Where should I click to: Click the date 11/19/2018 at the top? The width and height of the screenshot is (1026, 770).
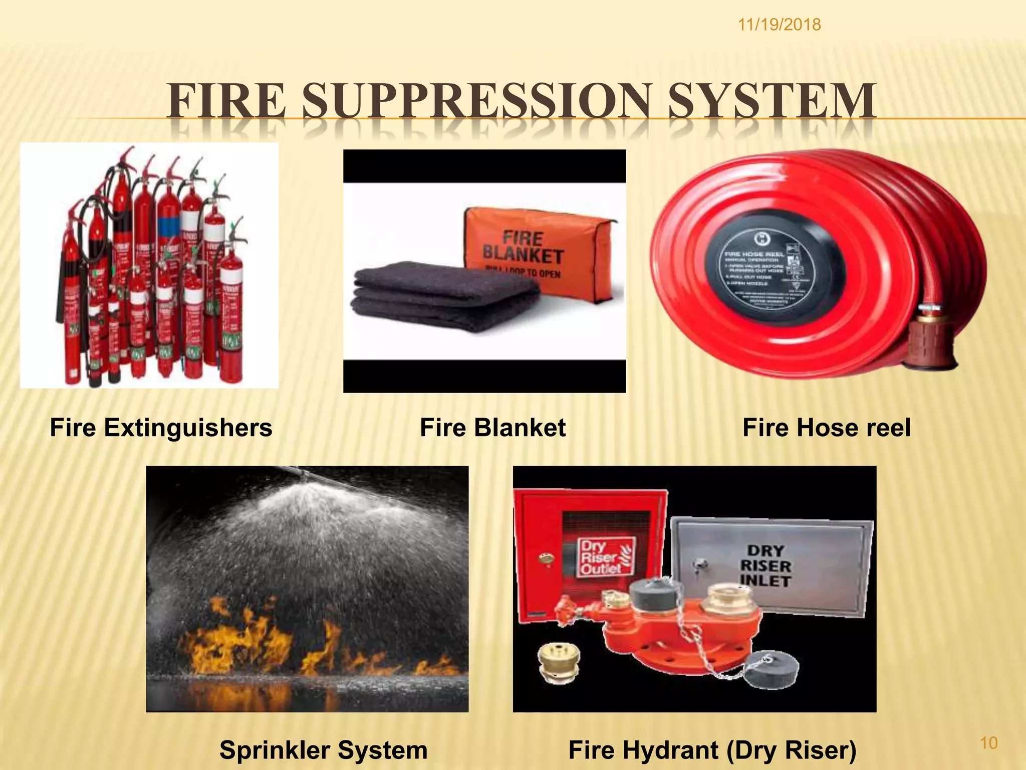[x=779, y=25]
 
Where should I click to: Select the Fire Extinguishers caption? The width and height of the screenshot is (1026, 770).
[x=161, y=428]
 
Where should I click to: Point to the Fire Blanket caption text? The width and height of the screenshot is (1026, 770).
[x=492, y=428]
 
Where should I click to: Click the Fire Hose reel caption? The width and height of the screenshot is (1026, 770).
[x=826, y=428]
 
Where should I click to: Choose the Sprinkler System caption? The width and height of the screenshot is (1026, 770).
[x=323, y=750]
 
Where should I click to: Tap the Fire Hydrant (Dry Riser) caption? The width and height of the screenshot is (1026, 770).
[x=712, y=750]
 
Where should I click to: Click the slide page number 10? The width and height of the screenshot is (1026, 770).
[x=988, y=743]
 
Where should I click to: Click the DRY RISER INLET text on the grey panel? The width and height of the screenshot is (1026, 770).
[x=765, y=566]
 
